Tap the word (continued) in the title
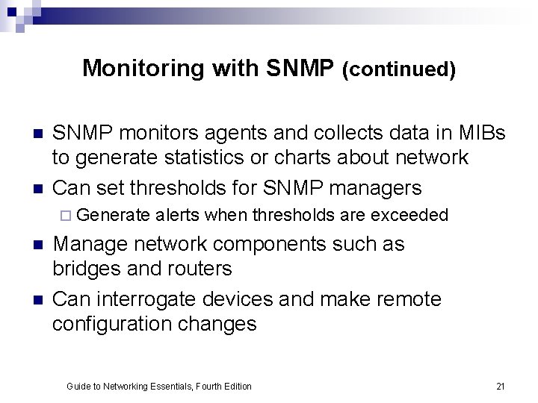click(x=398, y=69)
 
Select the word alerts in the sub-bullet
click(x=178, y=216)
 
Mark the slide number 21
click(x=501, y=386)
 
